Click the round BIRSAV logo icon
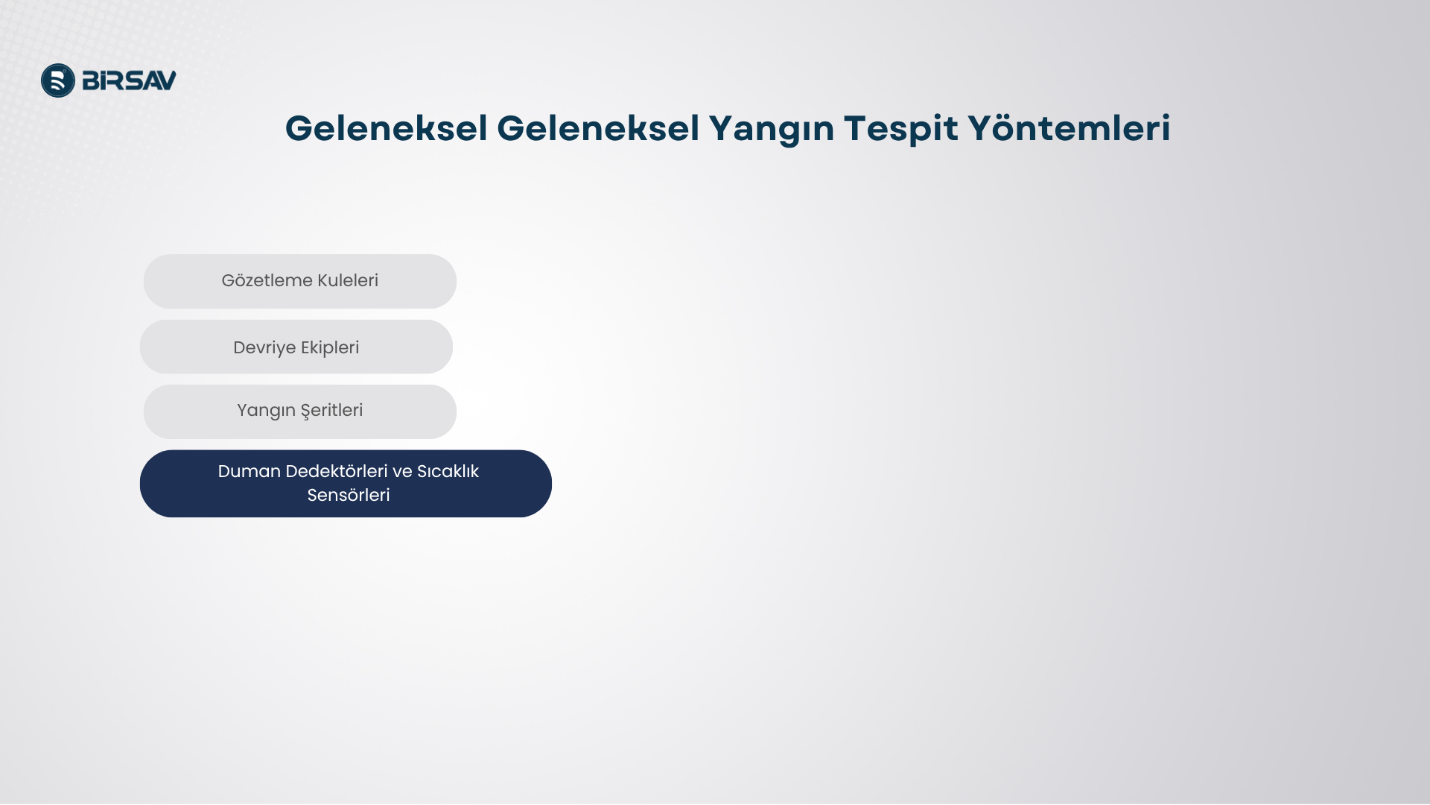coord(58,80)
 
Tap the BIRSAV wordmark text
coord(129,80)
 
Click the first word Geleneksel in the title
coord(387,128)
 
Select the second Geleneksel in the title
coord(598,128)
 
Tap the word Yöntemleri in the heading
coord(1069,128)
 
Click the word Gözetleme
coord(267,280)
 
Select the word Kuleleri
coord(348,280)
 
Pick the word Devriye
coord(264,348)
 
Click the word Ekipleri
coord(330,348)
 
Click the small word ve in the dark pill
coord(402,472)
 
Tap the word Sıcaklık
coord(448,471)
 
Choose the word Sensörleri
coord(349,495)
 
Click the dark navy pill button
coord(346,484)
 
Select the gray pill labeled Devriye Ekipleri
coord(296,347)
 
